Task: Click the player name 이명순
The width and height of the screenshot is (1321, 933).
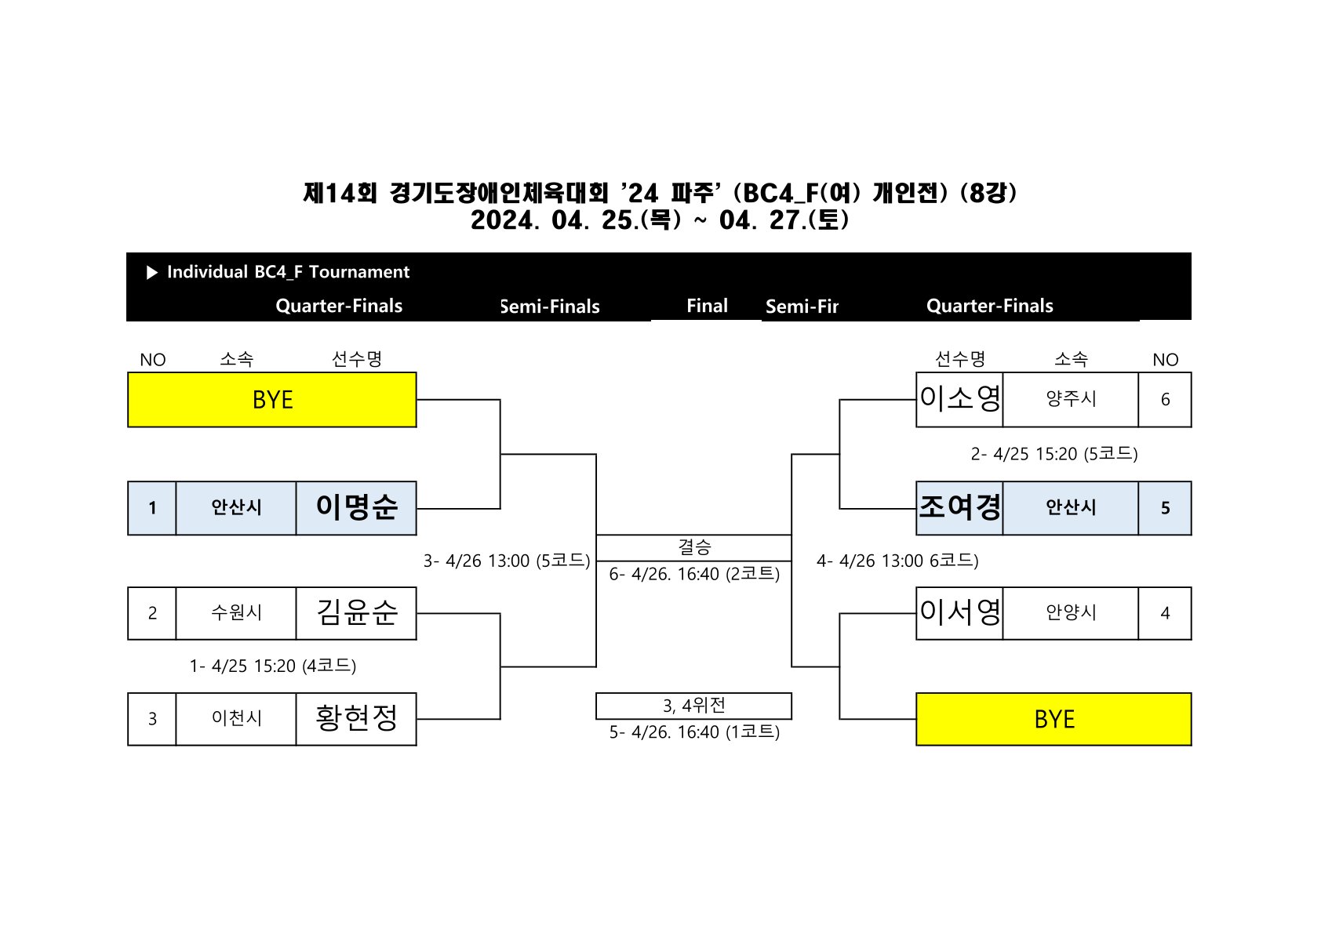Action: [356, 507]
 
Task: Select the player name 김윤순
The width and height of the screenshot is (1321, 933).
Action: [356, 612]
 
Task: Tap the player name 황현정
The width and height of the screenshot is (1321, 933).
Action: [356, 718]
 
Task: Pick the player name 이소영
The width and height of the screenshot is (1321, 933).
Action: [960, 399]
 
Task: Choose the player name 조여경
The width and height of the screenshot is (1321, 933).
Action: [960, 507]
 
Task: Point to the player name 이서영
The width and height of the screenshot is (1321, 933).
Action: [960, 612]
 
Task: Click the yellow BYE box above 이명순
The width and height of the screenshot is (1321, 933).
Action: [272, 400]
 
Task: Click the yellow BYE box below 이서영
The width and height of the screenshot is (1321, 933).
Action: [1054, 719]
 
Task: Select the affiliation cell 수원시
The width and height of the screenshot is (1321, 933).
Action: [236, 612]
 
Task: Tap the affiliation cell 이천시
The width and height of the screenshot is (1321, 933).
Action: [236, 718]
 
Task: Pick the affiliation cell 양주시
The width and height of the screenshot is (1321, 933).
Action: [1071, 399]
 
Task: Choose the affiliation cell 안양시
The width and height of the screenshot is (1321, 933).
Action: [1071, 612]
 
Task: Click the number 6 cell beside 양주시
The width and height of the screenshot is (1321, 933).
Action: [1165, 400]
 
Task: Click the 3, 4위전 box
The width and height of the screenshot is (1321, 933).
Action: [693, 706]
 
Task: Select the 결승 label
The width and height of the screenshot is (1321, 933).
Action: [694, 546]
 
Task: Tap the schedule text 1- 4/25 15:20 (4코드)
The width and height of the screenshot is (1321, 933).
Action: [273, 666]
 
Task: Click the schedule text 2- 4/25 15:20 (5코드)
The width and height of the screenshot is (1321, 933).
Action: [1054, 454]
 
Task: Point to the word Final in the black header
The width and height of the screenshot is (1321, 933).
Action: [707, 306]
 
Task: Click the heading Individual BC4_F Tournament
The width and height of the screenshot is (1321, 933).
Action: [288, 272]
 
